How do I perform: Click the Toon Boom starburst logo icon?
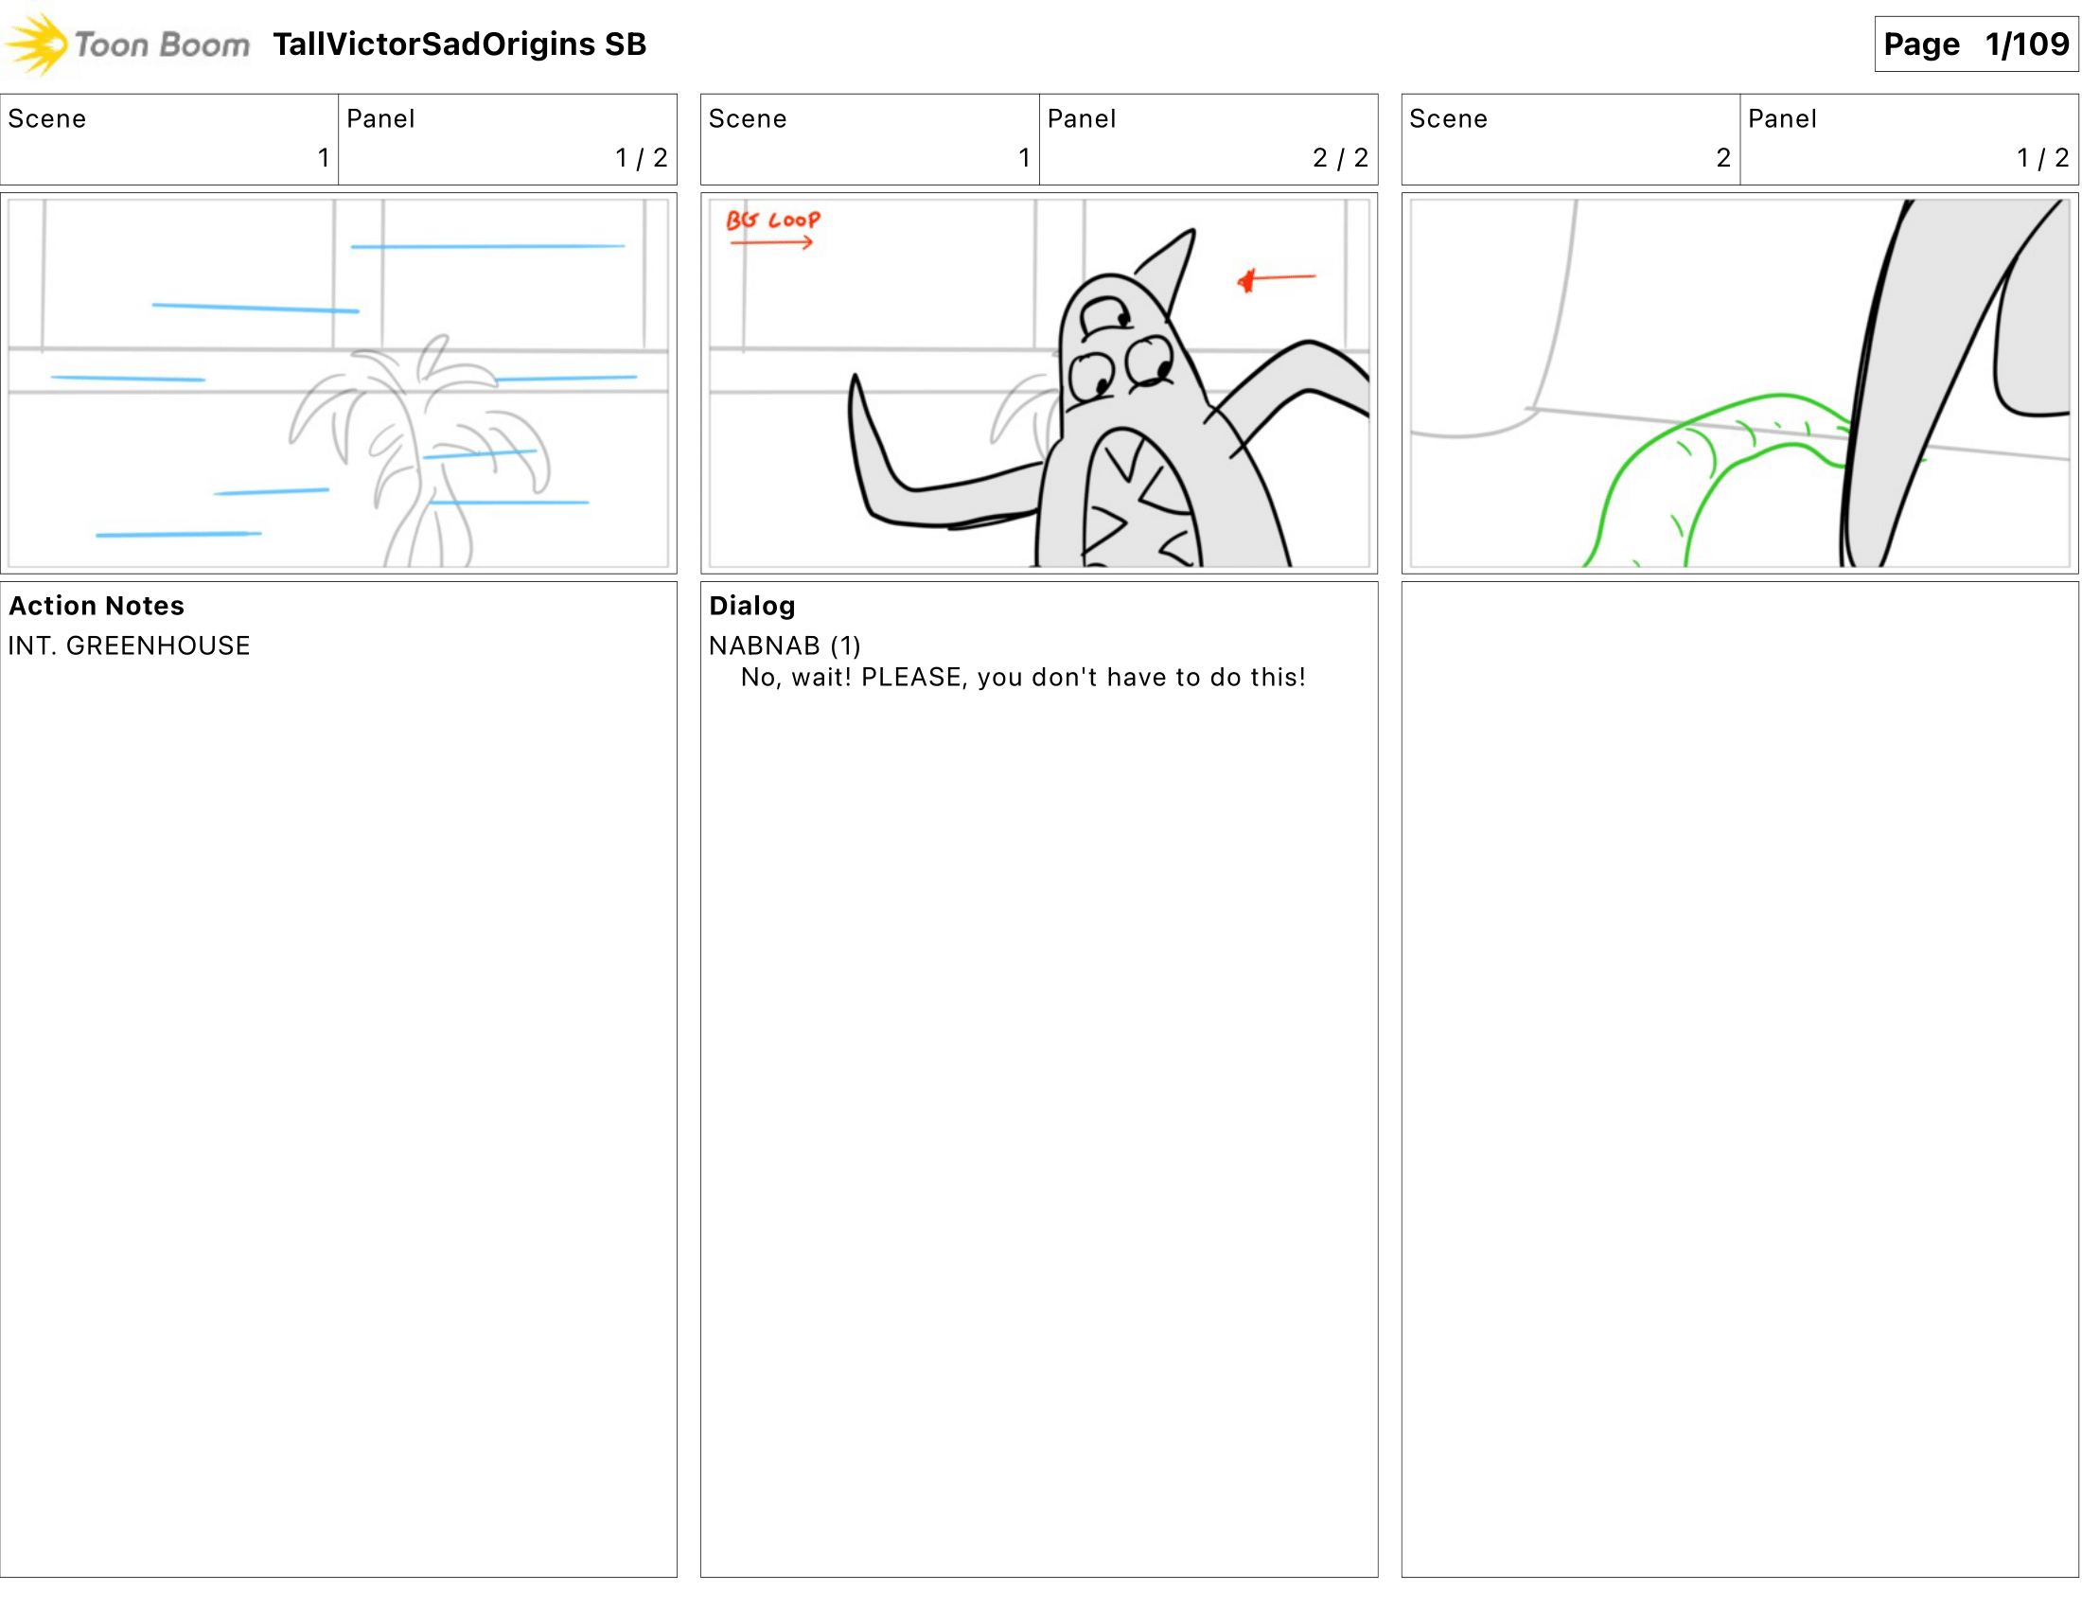tap(36, 44)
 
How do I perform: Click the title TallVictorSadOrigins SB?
tap(460, 44)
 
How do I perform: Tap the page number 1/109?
tap(2027, 44)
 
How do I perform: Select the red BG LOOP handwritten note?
tap(772, 221)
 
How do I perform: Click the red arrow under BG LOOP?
tap(770, 243)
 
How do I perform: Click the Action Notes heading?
tap(97, 606)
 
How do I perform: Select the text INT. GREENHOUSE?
tap(129, 645)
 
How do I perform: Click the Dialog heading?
tap(751, 606)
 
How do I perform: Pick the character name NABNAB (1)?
tap(784, 645)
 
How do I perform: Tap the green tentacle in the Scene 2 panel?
tap(1678, 457)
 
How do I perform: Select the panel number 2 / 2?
tap(1339, 157)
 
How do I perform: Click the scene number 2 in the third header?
tap(1722, 157)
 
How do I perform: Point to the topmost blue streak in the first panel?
tap(487, 246)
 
